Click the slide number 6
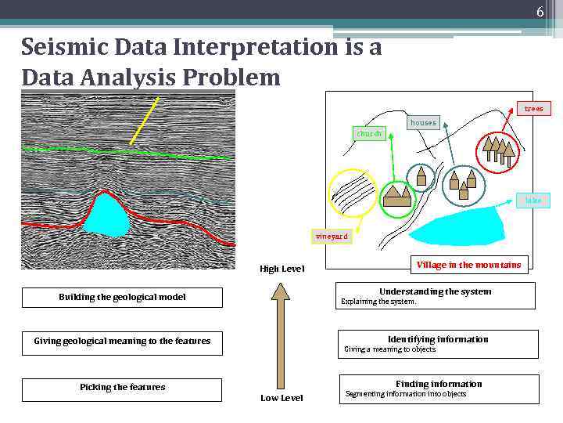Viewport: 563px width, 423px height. coord(540,13)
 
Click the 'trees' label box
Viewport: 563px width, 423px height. coord(533,109)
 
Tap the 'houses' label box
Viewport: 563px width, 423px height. coord(423,122)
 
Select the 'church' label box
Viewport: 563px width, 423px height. coord(369,134)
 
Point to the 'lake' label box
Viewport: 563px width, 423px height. coord(533,201)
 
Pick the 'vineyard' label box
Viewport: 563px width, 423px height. coord(332,237)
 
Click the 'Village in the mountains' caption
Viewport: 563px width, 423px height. coord(468,265)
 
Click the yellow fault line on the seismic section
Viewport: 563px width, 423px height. coord(144,121)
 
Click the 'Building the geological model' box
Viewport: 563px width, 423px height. coord(122,298)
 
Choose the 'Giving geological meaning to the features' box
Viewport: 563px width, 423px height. coord(122,342)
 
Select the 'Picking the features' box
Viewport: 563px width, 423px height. coord(122,388)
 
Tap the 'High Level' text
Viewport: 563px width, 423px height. coord(281,269)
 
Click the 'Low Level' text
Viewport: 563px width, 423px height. coord(281,398)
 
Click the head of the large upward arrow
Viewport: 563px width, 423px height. coord(280,291)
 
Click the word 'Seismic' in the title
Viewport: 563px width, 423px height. coord(65,49)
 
